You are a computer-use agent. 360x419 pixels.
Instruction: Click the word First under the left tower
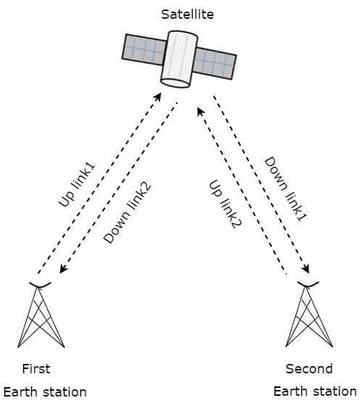[x=36, y=368]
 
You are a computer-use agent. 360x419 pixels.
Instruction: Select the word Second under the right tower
[x=309, y=368]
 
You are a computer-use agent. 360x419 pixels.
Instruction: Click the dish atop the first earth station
[x=40, y=283]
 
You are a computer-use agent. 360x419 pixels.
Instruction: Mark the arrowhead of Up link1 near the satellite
[x=160, y=94]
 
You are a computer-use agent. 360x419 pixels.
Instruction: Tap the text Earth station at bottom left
[x=45, y=392]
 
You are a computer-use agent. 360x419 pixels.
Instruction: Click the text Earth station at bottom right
[x=315, y=391]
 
